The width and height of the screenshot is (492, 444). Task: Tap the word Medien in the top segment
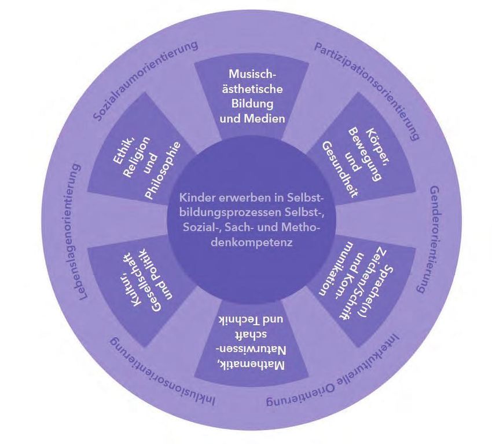[270, 118]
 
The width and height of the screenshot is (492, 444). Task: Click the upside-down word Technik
[238, 321]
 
